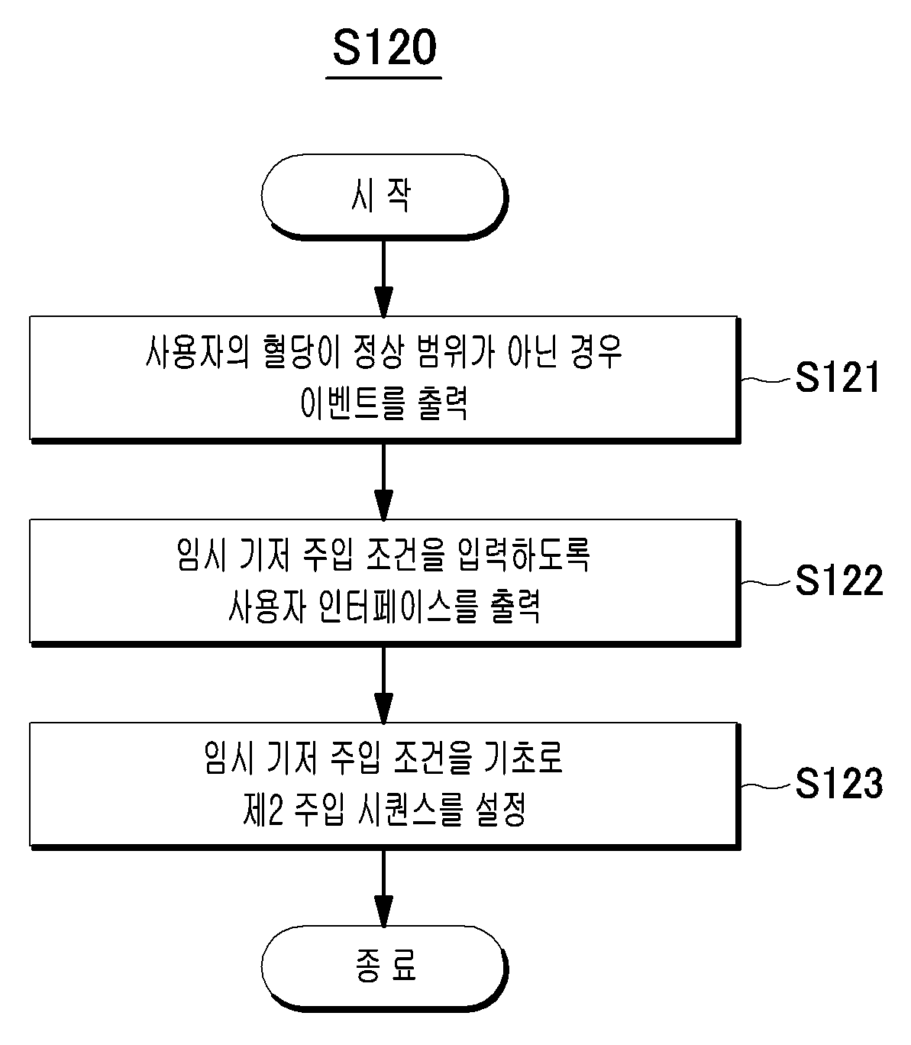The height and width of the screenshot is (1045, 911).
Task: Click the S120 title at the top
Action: point(384,47)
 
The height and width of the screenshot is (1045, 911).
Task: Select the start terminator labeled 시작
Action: point(384,196)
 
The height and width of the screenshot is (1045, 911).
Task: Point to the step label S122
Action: point(838,580)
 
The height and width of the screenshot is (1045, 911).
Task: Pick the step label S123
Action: point(838,782)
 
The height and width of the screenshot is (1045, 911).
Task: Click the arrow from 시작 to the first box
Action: point(383,278)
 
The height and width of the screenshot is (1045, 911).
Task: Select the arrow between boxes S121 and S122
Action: point(383,481)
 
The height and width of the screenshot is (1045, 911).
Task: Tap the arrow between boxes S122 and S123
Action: point(383,684)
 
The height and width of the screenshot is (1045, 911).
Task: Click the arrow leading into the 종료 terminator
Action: point(383,888)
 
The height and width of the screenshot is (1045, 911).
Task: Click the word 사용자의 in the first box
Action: point(198,351)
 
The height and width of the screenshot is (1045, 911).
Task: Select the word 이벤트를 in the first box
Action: point(353,403)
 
